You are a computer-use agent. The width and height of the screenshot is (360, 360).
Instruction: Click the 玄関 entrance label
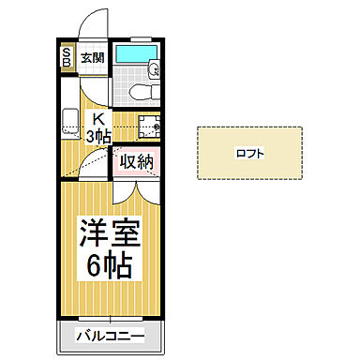coord(92,57)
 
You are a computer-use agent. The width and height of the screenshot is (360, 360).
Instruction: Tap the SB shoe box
coord(67,58)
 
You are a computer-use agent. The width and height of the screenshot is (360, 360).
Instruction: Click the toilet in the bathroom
coord(138,90)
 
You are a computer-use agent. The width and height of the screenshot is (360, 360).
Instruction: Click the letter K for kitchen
coord(97,118)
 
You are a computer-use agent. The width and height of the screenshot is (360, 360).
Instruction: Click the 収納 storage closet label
coord(137,161)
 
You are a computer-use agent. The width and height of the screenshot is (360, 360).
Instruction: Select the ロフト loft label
coord(249,153)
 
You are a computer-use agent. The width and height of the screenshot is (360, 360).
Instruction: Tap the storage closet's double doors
coord(137,187)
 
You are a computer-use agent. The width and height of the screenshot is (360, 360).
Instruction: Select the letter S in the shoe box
coord(67,52)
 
